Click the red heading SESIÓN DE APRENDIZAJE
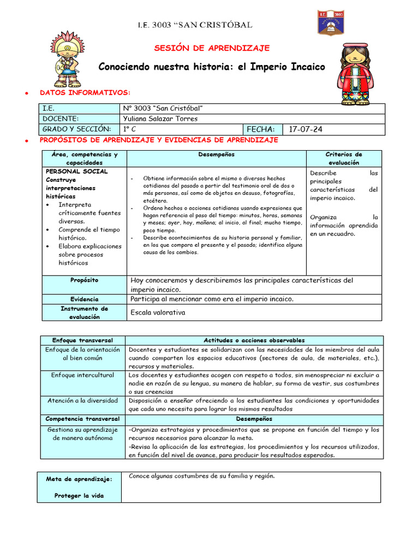(x=212, y=48)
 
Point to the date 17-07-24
(x=306, y=129)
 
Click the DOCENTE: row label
(x=61, y=118)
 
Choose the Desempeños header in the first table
(x=217, y=154)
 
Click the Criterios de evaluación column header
(x=344, y=158)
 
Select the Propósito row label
(x=85, y=280)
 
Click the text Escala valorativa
(x=158, y=312)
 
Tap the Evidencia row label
(x=85, y=299)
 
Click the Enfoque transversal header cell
(x=81, y=340)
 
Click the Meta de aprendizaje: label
(x=80, y=479)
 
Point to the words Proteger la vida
(x=80, y=496)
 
